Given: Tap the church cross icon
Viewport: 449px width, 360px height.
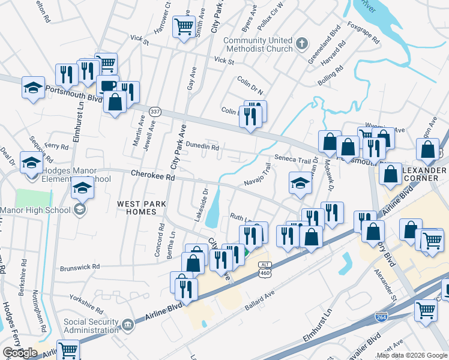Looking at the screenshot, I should pos(302,43).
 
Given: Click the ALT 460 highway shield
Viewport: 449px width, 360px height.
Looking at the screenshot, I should pos(264,269).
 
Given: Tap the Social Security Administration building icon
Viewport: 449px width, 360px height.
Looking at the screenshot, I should pos(127,325).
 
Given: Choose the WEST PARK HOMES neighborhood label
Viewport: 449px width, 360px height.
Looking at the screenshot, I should pos(142,208).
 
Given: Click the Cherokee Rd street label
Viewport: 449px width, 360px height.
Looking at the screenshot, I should pos(153,176).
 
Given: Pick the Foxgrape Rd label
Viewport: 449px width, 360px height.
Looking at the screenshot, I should pos(364,35).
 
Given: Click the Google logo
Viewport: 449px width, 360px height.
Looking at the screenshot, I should pos(19,353).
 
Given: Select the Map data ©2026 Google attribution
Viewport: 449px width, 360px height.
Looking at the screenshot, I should pos(412,355).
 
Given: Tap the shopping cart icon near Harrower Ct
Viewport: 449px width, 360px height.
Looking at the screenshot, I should pos(182,26).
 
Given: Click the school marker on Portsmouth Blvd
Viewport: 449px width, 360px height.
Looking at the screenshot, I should pos(33,88).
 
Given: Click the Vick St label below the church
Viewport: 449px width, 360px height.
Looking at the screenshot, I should pos(223,61).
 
